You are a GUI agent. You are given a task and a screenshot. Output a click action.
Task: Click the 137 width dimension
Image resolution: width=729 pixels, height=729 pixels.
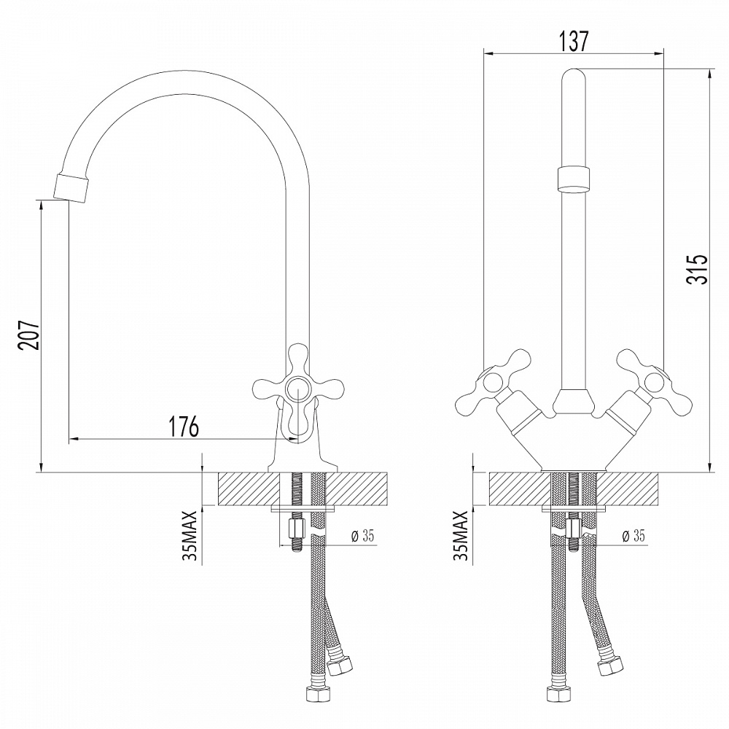pos(574,41)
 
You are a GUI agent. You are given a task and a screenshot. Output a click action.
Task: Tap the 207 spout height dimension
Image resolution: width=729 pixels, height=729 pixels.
pos(28,335)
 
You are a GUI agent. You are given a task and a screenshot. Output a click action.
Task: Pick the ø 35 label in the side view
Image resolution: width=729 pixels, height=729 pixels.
pos(362,537)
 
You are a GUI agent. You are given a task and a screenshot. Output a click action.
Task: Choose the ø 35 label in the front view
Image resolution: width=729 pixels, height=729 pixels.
pos(634,537)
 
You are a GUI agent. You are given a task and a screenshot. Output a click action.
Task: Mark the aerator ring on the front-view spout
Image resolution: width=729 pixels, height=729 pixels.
pos(574,179)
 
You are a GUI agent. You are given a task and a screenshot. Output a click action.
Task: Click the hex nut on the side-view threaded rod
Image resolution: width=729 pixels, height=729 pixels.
pos(297,526)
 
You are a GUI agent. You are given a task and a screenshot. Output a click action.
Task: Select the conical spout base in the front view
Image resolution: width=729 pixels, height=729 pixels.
pos(574,400)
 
